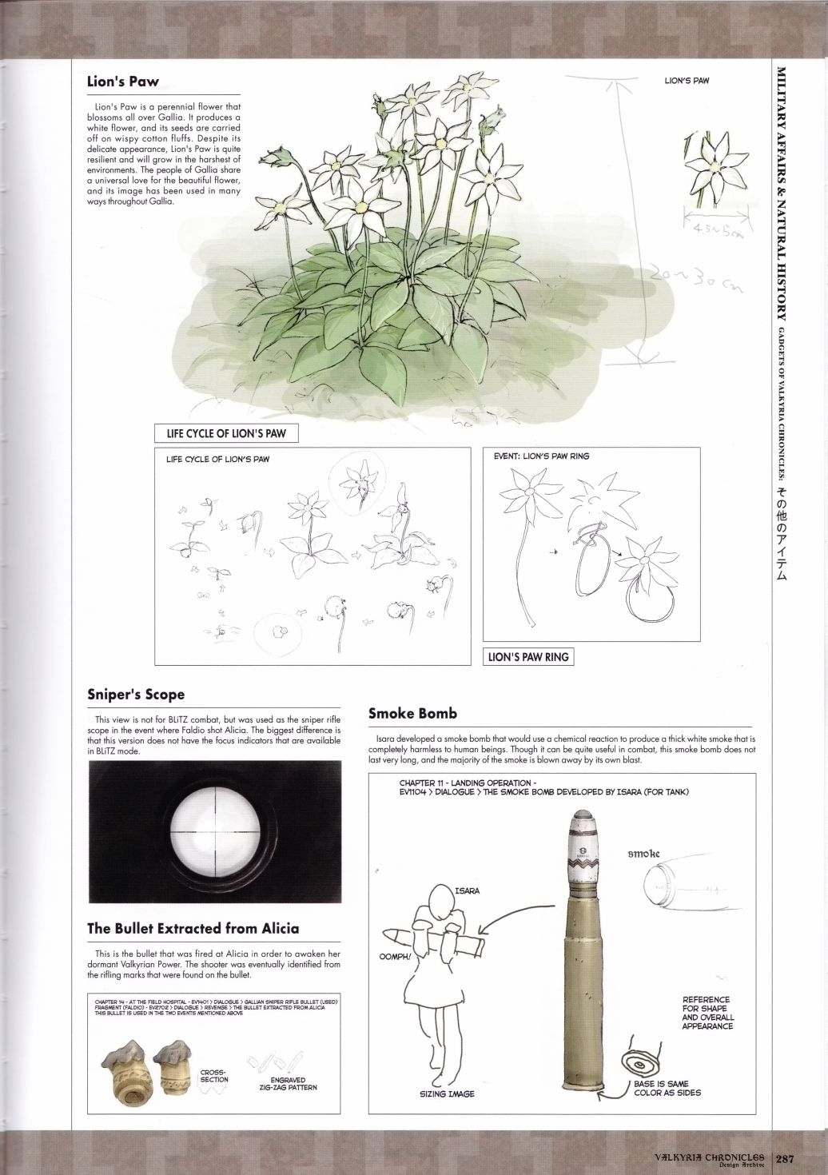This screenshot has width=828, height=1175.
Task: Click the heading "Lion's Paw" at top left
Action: pos(122,82)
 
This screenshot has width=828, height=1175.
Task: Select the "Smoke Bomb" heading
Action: pos(412,713)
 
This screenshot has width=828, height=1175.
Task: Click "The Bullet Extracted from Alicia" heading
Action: pos(193,928)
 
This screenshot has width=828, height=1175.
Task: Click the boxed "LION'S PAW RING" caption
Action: pos(528,657)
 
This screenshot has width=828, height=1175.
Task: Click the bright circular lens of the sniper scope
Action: pos(214,839)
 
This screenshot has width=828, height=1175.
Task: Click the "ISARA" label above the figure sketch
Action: pos(467,890)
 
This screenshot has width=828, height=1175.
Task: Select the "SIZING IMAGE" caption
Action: pos(447,1094)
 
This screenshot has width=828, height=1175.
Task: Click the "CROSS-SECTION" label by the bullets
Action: pos(214,1075)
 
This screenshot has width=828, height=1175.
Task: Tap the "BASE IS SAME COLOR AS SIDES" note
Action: pos(667,1088)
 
